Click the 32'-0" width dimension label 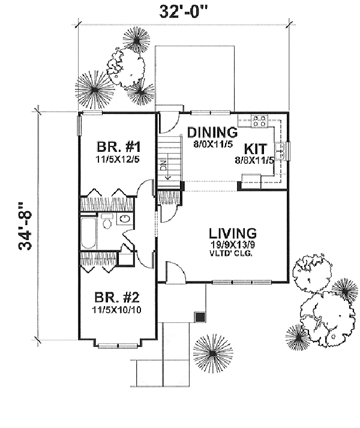[x=183, y=11]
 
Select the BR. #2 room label [x=118, y=297]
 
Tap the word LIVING [x=232, y=233]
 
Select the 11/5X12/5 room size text [x=118, y=161]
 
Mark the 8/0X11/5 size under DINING [x=210, y=143]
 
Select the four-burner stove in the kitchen [x=259, y=121]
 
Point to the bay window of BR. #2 [x=118, y=345]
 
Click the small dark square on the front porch [x=200, y=316]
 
